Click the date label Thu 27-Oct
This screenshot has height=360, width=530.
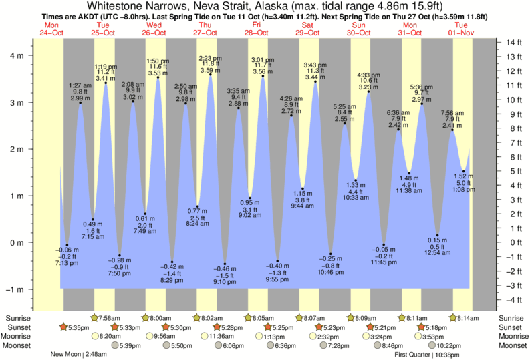click(205, 29)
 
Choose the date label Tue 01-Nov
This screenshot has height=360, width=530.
click(461, 29)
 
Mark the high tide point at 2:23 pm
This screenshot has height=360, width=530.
click(211, 75)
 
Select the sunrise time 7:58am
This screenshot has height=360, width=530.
click(110, 318)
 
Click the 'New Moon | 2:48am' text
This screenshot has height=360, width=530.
click(76, 355)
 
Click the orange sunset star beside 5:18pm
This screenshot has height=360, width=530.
click(422, 327)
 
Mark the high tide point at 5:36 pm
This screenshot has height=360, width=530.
click(422, 104)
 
